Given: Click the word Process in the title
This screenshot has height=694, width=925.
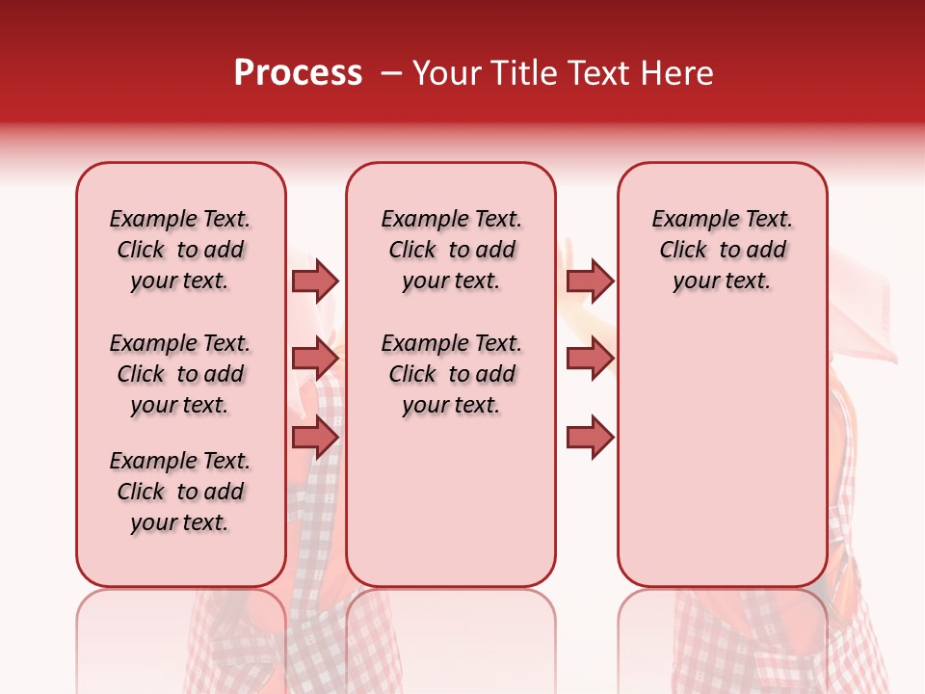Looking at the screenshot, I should (x=298, y=73).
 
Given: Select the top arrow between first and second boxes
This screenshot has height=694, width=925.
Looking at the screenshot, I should (x=315, y=280).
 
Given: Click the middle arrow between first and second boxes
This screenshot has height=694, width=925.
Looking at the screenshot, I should (x=315, y=359).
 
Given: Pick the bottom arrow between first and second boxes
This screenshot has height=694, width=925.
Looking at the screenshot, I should (x=315, y=438).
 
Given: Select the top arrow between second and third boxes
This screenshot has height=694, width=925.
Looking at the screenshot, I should (x=590, y=280).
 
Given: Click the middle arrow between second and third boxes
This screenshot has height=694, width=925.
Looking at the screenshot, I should (x=590, y=359).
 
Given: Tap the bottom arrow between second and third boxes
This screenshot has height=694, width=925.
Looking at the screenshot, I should (x=590, y=438).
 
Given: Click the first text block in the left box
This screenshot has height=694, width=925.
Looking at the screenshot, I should (x=180, y=250).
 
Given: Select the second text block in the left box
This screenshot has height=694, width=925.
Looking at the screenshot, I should (x=180, y=374).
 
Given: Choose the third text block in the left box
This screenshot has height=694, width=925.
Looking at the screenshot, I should (x=180, y=492).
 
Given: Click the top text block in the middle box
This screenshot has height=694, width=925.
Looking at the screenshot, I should (x=451, y=250).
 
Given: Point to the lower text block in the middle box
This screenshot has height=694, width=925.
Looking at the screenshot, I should (x=451, y=374).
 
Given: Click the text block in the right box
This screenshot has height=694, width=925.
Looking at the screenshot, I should (x=722, y=250).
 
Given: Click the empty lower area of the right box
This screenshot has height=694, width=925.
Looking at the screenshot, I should (x=722, y=453).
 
